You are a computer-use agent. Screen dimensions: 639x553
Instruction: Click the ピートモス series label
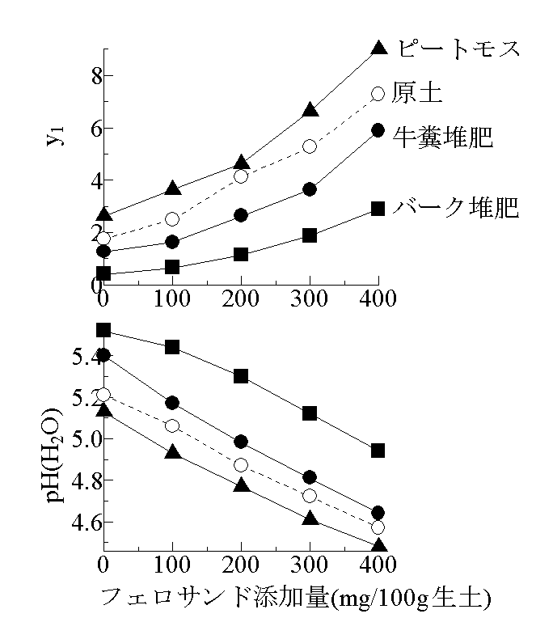point(457,49)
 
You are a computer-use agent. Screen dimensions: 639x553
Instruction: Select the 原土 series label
point(417,93)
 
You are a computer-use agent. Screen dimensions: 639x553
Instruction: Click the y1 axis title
point(54,138)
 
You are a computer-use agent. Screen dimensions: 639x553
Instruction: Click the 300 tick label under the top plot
point(310,298)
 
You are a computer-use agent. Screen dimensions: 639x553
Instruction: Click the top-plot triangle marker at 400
point(378,48)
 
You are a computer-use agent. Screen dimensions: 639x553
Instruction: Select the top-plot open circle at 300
point(310,146)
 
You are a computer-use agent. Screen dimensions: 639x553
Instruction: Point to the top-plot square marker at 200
point(241,254)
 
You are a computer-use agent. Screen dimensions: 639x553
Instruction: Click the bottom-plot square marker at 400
point(378,451)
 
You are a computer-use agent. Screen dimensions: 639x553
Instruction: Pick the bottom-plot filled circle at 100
point(172,403)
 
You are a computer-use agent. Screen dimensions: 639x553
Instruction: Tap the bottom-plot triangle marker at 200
point(241,485)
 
